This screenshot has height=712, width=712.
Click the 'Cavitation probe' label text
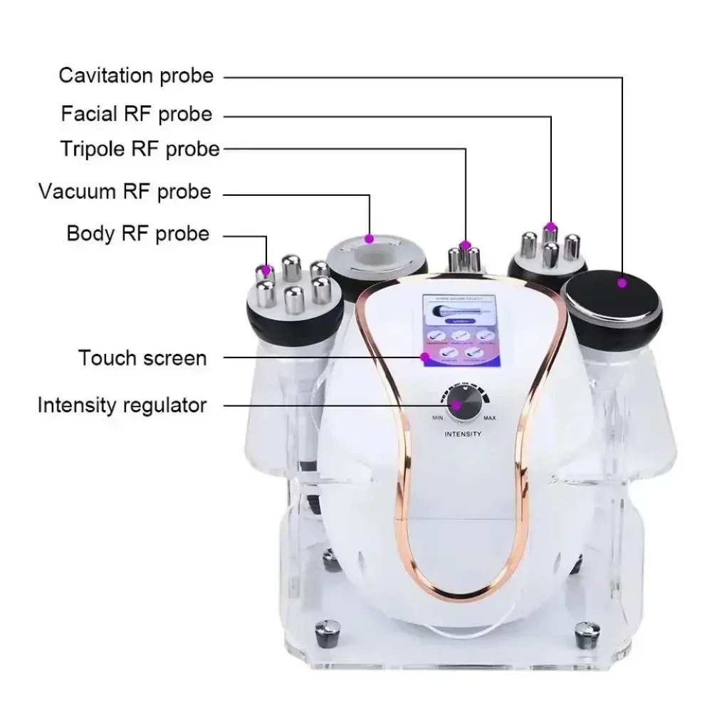pos(136,75)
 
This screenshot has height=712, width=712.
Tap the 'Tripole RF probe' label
pos(140,149)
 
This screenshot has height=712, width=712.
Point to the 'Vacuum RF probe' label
pos(125,192)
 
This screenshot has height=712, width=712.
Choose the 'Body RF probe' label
pos(138,234)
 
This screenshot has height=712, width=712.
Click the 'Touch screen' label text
pos(143,357)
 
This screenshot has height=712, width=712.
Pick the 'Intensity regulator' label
pos(122,406)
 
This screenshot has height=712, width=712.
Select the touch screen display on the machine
pos(458,330)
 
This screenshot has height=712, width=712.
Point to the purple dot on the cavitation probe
pos(622,283)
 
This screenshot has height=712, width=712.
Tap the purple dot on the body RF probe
pos(266,270)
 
